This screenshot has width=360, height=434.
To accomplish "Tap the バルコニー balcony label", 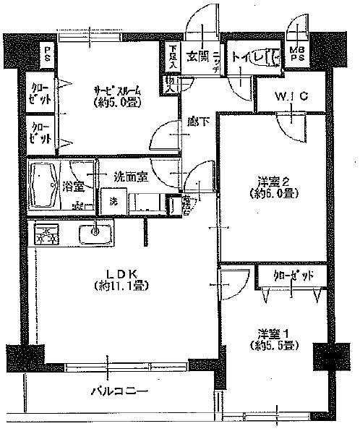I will [x=120, y=391].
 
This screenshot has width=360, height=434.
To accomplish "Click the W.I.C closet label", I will [x=291, y=95].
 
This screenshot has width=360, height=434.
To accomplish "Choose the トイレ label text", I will [x=248, y=56].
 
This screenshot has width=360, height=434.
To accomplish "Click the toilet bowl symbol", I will [x=274, y=56].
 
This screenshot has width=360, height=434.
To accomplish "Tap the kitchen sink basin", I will [x=92, y=234].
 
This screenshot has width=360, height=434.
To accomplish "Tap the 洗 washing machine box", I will [x=112, y=202].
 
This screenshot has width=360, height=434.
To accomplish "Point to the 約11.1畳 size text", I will [x=120, y=285].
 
